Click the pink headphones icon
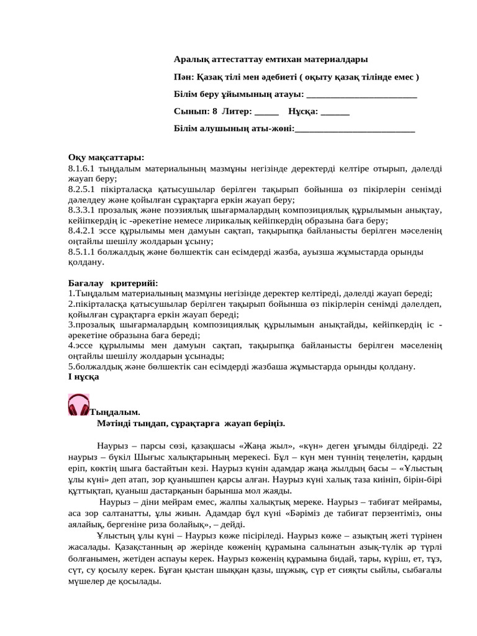(x=79, y=405)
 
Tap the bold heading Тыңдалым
(x=116, y=412)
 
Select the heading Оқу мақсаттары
(x=106, y=157)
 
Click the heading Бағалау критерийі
(x=114, y=283)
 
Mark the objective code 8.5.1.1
(x=83, y=252)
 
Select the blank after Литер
(x=266, y=112)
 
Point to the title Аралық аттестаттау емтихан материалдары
(x=270, y=60)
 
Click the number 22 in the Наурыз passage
(x=437, y=445)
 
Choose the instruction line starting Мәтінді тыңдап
(x=191, y=423)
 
